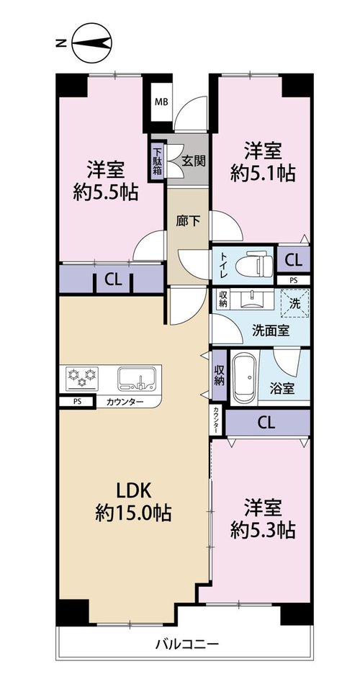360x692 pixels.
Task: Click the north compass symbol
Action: pyautogui.click(x=91, y=42)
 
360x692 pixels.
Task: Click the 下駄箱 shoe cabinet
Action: pyautogui.click(x=157, y=160)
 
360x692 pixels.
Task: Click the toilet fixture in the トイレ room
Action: pyautogui.click(x=253, y=264)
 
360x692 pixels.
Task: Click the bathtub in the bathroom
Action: pyautogui.click(x=244, y=378)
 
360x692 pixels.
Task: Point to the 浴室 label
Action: pyautogui.click(x=282, y=389)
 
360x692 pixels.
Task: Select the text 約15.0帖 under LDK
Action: pyautogui.click(x=134, y=513)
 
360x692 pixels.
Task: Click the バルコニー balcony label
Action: pyautogui.click(x=187, y=644)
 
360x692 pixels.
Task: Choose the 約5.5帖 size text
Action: pyautogui.click(x=105, y=192)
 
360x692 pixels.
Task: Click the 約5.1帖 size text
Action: pyautogui.click(x=263, y=174)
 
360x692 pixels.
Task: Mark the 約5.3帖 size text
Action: pyautogui.click(x=263, y=530)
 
